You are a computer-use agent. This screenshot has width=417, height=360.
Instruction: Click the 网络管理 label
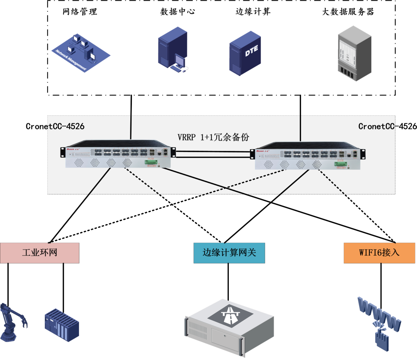pos(80,12)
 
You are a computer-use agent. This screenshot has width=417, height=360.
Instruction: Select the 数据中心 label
pos(178,12)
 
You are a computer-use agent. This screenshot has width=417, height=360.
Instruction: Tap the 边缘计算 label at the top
pos(253,12)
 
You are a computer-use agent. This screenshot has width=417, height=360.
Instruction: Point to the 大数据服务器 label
pos(348,12)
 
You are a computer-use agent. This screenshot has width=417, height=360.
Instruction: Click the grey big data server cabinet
pos(354,53)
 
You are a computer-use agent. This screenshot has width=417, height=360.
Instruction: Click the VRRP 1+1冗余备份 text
pos(213,137)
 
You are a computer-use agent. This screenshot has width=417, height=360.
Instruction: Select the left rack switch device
pos(118,154)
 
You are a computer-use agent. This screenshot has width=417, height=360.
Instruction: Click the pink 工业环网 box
pos(40,253)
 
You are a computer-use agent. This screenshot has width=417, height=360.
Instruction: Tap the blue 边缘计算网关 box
pos(229,253)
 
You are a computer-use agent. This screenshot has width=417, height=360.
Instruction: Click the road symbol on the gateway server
pos(231,314)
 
